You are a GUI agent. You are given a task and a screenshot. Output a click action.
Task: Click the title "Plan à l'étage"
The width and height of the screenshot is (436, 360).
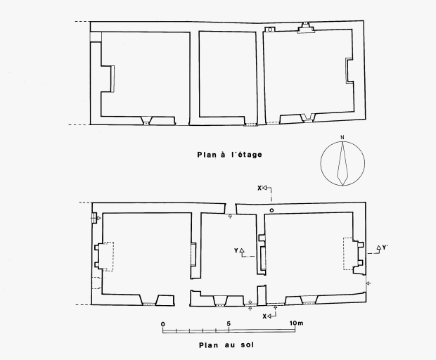(x=230, y=155)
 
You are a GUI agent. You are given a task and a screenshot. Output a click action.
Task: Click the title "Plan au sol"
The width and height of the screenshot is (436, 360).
(x=226, y=345)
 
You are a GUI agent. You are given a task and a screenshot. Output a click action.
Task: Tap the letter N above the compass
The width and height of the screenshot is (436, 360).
(x=342, y=137)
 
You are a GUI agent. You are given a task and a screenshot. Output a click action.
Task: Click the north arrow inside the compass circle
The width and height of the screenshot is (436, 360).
(x=342, y=163)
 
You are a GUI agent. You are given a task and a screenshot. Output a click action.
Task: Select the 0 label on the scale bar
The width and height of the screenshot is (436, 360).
(x=163, y=324)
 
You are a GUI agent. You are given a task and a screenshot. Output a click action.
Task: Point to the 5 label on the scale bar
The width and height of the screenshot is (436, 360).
(x=229, y=323)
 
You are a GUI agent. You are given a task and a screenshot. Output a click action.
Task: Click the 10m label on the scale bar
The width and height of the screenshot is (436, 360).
(x=297, y=323)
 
